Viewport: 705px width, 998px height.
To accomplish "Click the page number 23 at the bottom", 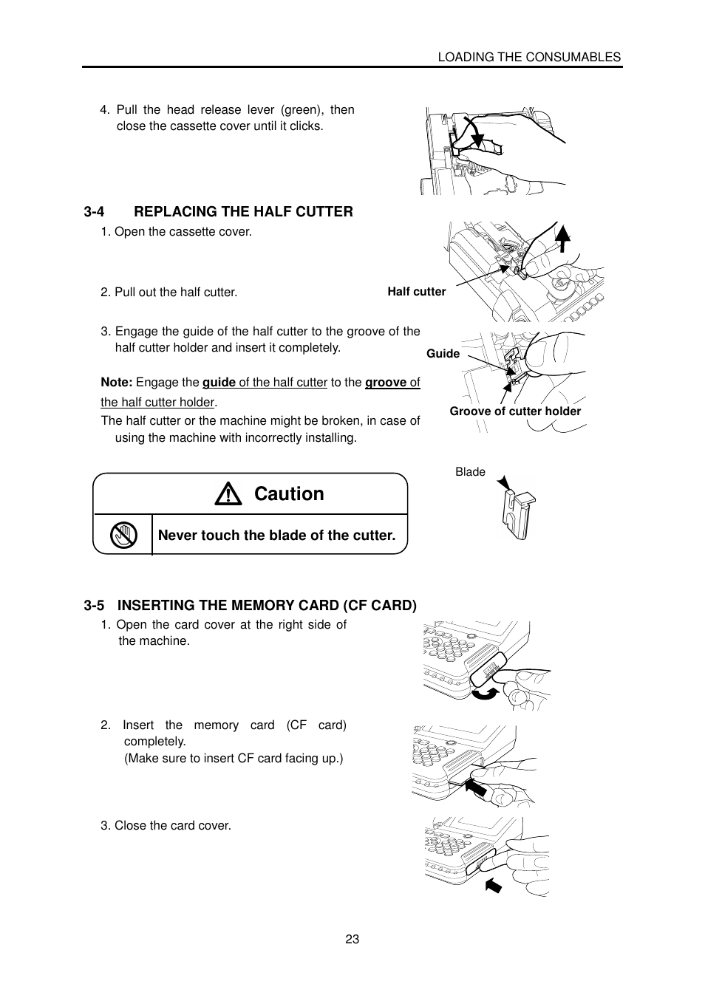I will pyautogui.click(x=352, y=939).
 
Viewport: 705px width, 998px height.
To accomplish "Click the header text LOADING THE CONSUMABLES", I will pyautogui.click(x=529, y=57).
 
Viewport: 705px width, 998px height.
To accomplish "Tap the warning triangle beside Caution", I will pyautogui.click(x=228, y=494).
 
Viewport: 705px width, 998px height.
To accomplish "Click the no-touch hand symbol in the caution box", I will pyautogui.click(x=123, y=535).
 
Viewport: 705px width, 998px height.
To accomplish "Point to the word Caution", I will pyautogui.click(x=289, y=494).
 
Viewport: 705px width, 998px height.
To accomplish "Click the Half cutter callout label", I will pyautogui.click(x=416, y=292).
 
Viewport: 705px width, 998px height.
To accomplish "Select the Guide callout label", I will pyautogui.click(x=443, y=354).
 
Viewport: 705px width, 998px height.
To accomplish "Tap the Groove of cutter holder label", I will pyautogui.click(x=515, y=411).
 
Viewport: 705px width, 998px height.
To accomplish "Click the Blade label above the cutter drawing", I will pyautogui.click(x=470, y=472).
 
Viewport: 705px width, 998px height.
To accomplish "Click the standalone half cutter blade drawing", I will pyautogui.click(x=517, y=513).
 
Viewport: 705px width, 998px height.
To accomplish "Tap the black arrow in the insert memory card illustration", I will pyautogui.click(x=477, y=788).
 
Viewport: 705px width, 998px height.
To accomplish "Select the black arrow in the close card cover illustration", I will pyautogui.click(x=494, y=883).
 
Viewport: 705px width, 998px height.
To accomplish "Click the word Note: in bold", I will pyautogui.click(x=117, y=383).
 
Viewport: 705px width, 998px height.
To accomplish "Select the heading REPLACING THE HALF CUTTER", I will pyautogui.click(x=243, y=212).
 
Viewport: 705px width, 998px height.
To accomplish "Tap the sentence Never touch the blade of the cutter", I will pyautogui.click(x=277, y=536).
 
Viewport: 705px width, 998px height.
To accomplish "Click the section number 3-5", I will pyautogui.click(x=94, y=606).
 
